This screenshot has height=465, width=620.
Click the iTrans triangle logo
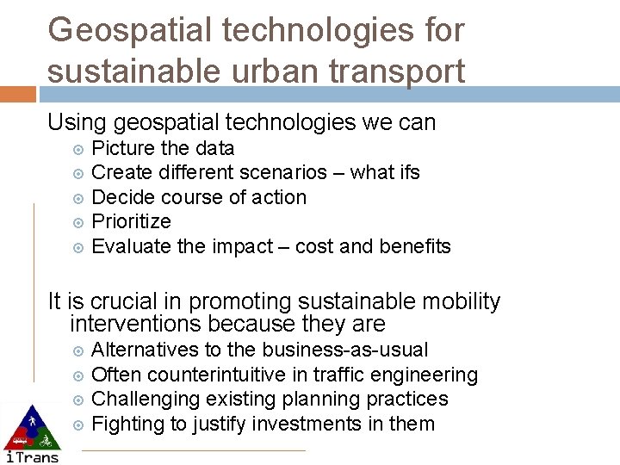[31, 431]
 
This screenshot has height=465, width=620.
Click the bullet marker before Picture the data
[77, 148]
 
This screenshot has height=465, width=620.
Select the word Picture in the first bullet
[123, 148]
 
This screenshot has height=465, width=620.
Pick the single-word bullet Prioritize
[131, 221]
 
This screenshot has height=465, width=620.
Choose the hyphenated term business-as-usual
[344, 350]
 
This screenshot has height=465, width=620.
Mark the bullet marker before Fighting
[77, 424]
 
